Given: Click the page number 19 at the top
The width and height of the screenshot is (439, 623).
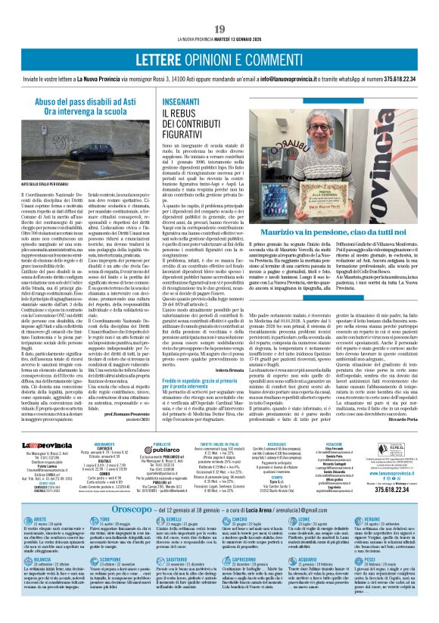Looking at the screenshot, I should pyautogui.click(x=219, y=29).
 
